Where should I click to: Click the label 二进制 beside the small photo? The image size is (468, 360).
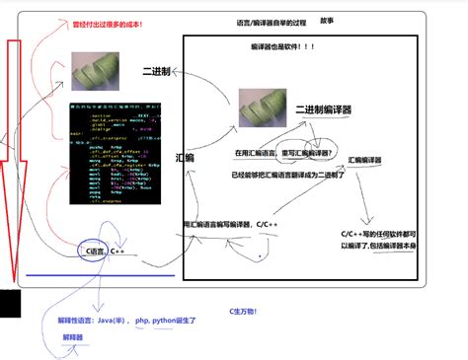click(158, 73)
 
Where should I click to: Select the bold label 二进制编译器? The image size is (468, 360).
click(324, 109)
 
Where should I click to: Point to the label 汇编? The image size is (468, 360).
click(185, 157)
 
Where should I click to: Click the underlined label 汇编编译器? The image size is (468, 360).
click(365, 159)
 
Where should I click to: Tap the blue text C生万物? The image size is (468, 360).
click(242, 311)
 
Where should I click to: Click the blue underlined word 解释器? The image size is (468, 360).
click(73, 337)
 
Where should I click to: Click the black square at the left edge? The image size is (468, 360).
click(10, 303)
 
